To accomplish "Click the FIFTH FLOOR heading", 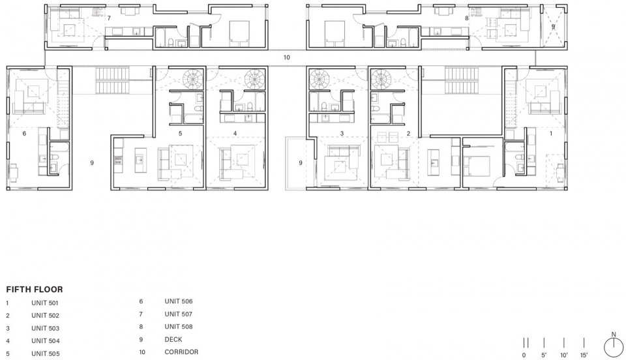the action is [35, 290].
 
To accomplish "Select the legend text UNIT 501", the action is [45, 303].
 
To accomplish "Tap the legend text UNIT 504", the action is [45, 341].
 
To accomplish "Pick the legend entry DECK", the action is [173, 339].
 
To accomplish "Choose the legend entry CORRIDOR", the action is [181, 352].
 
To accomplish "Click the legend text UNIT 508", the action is [179, 327].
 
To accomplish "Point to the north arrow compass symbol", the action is [614, 347].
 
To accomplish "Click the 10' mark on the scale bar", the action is [563, 342].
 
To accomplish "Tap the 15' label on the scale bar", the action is [584, 355].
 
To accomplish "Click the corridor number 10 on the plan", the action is [286, 57].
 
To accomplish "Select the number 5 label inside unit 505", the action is [180, 133].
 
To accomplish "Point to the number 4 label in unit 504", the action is [235, 133].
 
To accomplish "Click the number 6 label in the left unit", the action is [24, 133].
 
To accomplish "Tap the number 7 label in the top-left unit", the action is [109, 18].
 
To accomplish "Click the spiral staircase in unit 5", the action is [193, 79].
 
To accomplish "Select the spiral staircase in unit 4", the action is [254, 79].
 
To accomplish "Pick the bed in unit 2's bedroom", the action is [477, 166].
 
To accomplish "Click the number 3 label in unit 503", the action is [342, 133].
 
